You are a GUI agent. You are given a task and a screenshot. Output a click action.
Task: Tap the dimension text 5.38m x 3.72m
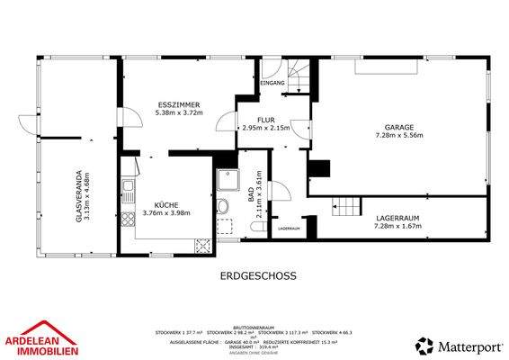[x=179, y=113]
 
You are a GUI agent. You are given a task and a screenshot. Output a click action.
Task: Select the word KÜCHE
[x=166, y=204]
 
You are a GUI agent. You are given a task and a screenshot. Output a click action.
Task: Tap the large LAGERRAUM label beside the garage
[x=397, y=218]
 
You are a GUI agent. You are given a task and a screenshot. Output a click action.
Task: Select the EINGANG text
[x=272, y=84]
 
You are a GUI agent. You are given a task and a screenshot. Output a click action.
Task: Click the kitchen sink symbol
[x=129, y=191]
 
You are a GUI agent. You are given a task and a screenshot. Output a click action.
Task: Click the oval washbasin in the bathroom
[x=222, y=206]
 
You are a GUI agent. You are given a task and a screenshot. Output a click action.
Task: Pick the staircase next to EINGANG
[x=299, y=74]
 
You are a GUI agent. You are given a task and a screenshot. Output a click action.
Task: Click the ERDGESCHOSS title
[x=258, y=277]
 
